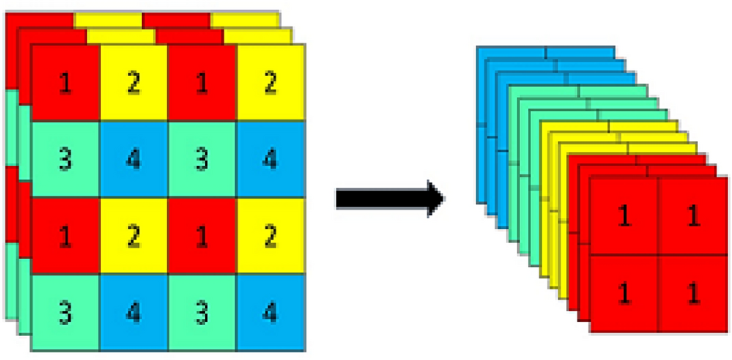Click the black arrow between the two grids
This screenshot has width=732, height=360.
[x=388, y=198]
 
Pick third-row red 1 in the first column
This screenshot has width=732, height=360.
[x=65, y=237]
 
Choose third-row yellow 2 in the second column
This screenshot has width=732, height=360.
[x=134, y=237]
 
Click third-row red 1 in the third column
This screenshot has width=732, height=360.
[x=202, y=237]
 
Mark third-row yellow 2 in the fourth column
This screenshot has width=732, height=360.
[x=270, y=237]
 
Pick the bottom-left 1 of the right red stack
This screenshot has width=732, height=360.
[x=623, y=292]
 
